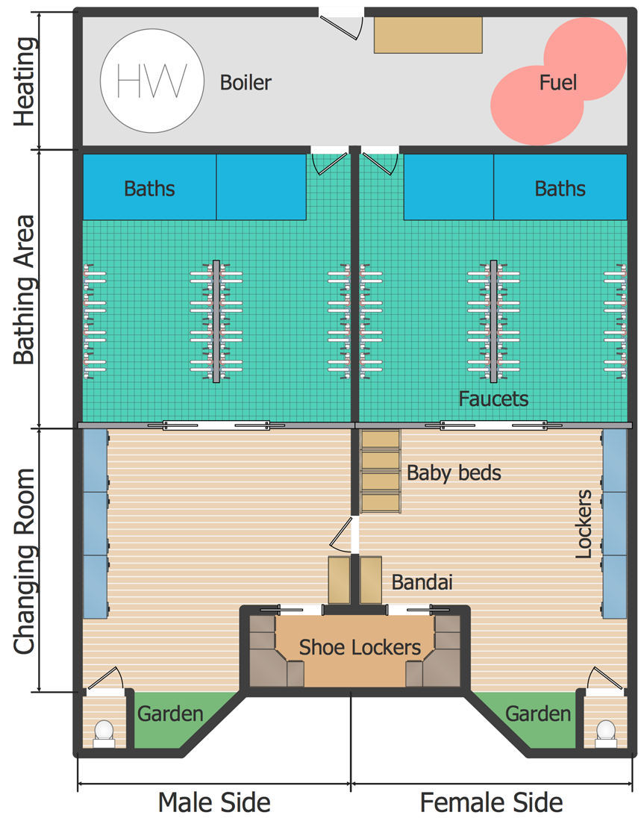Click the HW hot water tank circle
point(151,81)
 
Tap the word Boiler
point(246,82)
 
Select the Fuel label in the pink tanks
point(558,82)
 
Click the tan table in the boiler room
point(428,35)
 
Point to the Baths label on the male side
point(149,188)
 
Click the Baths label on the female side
point(560,188)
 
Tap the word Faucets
point(493,398)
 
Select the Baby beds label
point(454,472)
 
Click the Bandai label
point(422,582)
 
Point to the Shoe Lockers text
point(360,647)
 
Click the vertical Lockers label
point(584,525)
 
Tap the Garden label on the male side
point(169,714)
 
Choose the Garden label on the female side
point(538,714)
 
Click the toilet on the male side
point(104,732)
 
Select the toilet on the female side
point(606,732)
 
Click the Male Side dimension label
point(213,802)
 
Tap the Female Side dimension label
point(491,802)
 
